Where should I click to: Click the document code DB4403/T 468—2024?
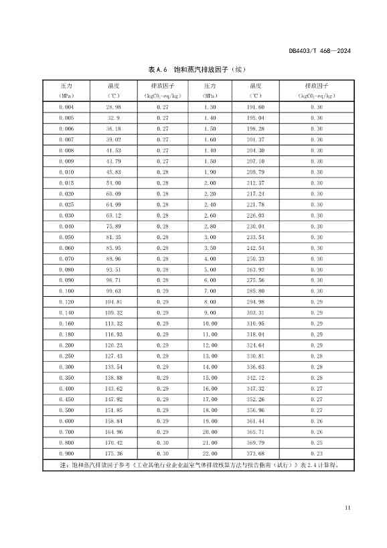coord(320,50)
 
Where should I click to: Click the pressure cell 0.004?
coord(66,107)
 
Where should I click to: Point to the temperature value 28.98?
coord(113,107)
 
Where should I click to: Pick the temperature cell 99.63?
coord(113,291)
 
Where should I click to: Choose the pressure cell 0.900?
coord(66,453)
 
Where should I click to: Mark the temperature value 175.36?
coord(113,453)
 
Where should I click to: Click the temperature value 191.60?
coord(256,107)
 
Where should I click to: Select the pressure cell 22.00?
coord(210,453)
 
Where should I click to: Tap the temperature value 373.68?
coord(256,453)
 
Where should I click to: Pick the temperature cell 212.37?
coord(256,183)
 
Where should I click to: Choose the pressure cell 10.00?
coord(210,323)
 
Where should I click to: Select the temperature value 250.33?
coord(256,259)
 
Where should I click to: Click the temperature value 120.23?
coord(113,345)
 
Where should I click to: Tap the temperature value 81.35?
coord(113,237)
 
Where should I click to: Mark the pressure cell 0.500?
coord(66,409)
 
